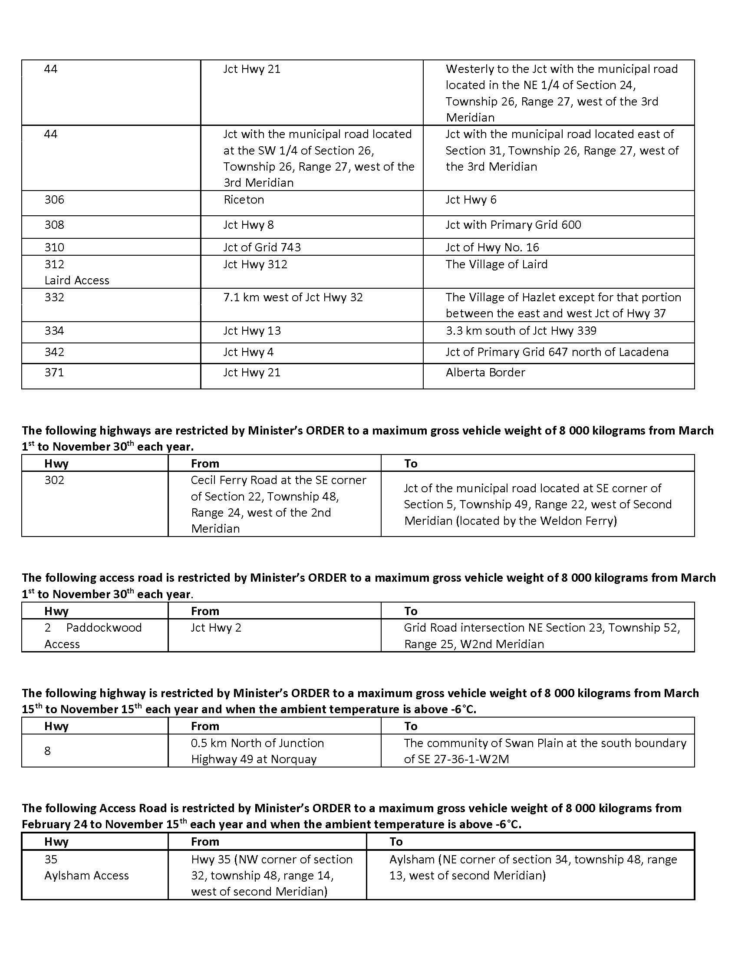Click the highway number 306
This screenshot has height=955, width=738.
(x=54, y=200)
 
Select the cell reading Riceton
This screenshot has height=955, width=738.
(x=244, y=200)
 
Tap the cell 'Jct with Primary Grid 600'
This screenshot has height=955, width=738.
(x=513, y=225)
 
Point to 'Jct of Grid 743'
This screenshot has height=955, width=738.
(x=262, y=247)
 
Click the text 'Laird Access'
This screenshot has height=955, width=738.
(x=76, y=280)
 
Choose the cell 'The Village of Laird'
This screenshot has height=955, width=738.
(x=496, y=264)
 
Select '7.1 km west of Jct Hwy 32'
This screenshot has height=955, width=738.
(x=293, y=297)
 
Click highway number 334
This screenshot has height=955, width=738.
(x=54, y=331)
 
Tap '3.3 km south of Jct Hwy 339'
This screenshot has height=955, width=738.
(x=521, y=331)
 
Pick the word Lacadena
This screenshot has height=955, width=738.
(x=643, y=352)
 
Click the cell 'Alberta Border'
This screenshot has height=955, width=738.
(x=485, y=372)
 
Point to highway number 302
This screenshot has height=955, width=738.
(x=54, y=480)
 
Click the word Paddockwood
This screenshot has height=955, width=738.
(x=104, y=628)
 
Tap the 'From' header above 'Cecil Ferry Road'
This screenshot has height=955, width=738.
(x=205, y=464)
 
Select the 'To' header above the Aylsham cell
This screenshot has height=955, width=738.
(x=396, y=842)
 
